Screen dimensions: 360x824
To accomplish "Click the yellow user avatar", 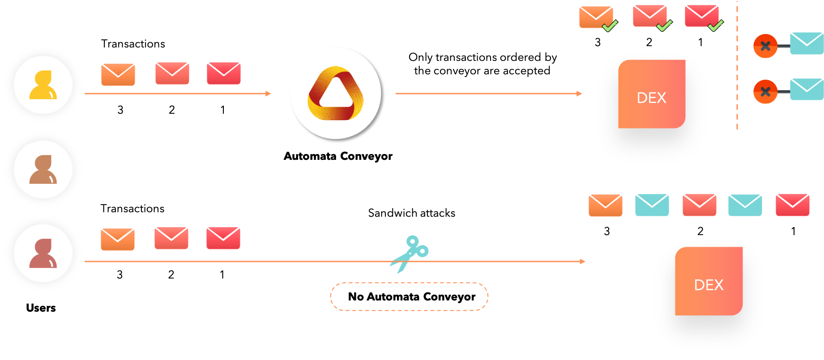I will coord(43,85).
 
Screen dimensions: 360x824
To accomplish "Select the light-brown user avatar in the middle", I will coord(43,169).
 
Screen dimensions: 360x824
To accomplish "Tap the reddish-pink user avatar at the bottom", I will coord(43,253).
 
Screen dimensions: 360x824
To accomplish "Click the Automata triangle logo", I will coord(336,93).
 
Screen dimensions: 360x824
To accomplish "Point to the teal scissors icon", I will coord(410,253).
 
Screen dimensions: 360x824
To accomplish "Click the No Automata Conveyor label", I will coord(409,296).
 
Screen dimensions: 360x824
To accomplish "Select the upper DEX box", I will coord(652,94).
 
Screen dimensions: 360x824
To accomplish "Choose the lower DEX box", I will coord(709,281).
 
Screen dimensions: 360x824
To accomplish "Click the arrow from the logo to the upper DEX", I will coord(488,94).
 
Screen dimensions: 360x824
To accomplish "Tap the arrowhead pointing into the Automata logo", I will coord(269,94).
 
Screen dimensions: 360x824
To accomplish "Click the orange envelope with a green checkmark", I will coord(596,17).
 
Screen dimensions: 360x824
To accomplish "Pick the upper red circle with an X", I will coord(765,46).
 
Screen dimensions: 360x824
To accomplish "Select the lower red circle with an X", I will coord(765,92).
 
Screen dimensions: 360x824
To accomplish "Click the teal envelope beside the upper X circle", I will coord(807,43).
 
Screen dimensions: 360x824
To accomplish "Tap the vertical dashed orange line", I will coord(737,67).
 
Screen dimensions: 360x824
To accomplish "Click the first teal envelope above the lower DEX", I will coord(652,205).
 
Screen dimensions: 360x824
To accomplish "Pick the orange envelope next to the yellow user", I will coord(118,74).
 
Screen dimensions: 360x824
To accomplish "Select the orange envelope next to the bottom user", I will coord(118,239).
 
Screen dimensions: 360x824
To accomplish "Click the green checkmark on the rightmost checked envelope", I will coord(716,26).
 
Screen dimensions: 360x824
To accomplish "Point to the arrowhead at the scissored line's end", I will coord(582,261).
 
